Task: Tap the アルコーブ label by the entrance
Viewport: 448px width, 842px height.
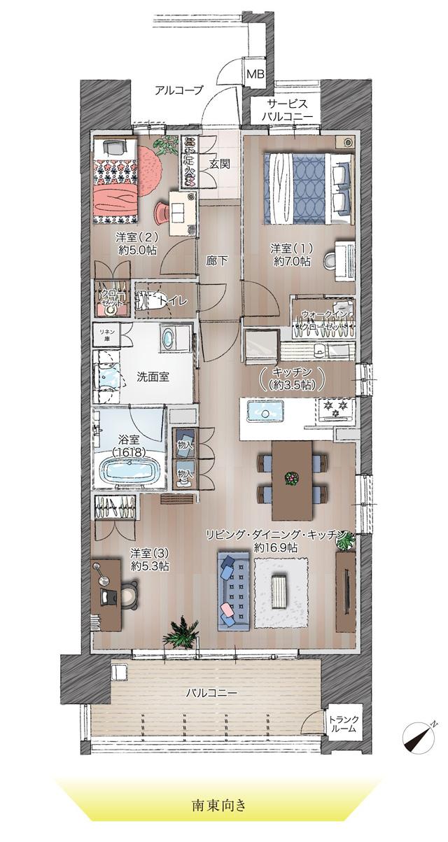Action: coord(178,90)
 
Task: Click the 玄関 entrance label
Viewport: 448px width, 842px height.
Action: coord(219,165)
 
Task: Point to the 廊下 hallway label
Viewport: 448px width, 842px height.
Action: coord(216,260)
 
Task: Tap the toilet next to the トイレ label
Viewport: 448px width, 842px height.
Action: coord(150,301)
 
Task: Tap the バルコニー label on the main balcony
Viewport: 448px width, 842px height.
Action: coord(211,693)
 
